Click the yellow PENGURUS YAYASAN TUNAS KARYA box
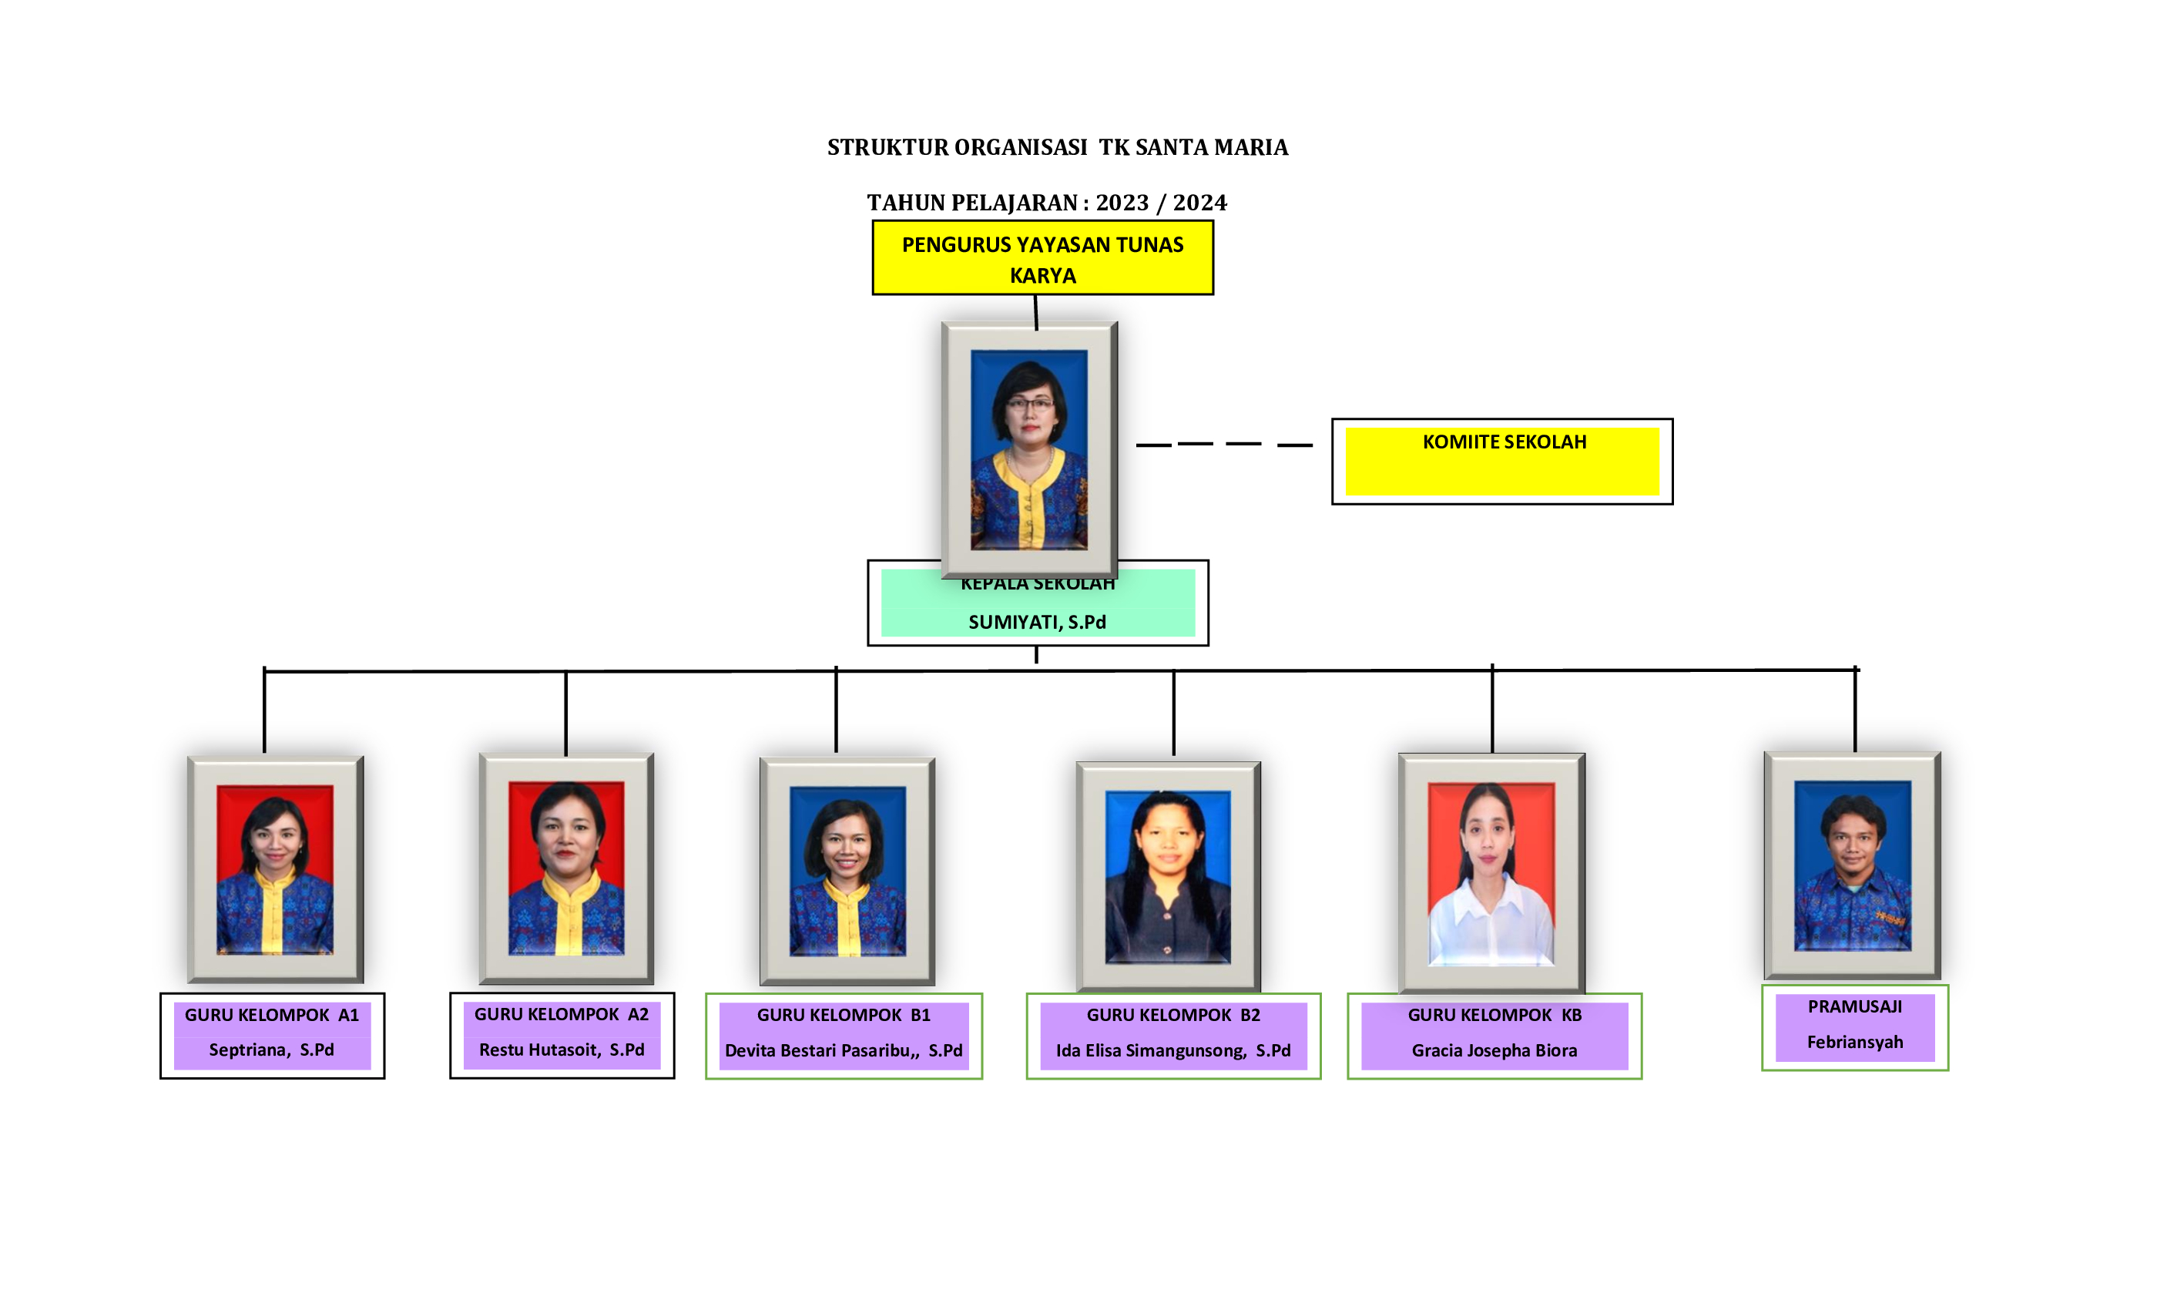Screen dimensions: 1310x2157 1042,258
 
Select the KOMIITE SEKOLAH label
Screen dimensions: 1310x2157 1503,442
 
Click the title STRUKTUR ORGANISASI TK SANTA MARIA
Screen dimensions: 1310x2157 1057,147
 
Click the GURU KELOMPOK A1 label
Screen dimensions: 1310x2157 271,1015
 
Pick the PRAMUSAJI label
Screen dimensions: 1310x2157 1854,1007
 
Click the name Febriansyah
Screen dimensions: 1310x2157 1854,1042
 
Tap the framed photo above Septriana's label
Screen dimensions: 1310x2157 275,868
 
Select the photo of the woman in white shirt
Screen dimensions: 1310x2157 1491,873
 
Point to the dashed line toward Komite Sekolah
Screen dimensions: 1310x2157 1223,445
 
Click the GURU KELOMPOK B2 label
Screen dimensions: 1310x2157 1172,1015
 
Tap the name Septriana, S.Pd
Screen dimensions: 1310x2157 271,1049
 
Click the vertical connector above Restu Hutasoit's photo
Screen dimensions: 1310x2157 565,713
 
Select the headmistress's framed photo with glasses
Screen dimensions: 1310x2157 1028,449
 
